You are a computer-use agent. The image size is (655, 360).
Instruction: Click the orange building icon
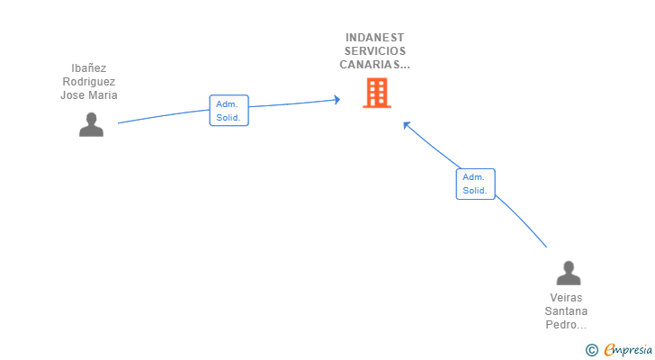[376, 93]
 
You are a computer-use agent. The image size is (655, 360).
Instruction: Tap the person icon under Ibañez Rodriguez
[91, 124]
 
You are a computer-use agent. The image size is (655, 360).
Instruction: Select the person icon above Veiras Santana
[568, 273]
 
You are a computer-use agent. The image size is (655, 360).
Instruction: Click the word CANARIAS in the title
[372, 65]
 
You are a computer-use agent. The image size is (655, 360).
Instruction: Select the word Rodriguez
[89, 82]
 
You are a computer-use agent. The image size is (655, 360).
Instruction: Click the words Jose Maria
[89, 95]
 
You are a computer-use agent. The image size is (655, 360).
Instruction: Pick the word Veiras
[566, 298]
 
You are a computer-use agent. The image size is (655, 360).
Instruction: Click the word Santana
[566, 311]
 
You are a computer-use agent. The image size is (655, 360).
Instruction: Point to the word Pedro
[563, 325]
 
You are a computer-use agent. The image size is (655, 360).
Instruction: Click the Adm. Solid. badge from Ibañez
[229, 111]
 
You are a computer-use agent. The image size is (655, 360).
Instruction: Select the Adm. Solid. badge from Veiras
[475, 184]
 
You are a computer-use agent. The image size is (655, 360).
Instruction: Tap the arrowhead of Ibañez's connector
[337, 99]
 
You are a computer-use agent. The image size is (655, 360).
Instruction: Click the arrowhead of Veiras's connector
[407, 125]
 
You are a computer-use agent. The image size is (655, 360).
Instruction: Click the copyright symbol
[591, 349]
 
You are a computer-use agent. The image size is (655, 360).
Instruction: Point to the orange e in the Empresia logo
[610, 349]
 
